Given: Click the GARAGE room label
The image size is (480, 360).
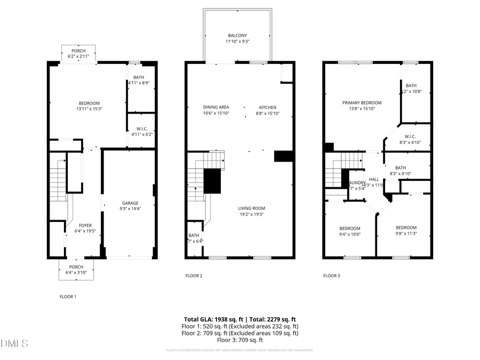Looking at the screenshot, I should pyautogui.click(x=130, y=203).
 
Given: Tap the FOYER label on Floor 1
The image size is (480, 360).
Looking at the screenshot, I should pyautogui.click(x=85, y=225).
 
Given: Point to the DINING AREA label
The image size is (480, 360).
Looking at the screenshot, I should pyautogui.click(x=216, y=107).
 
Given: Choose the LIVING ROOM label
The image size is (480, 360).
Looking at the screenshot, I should pyautogui.click(x=251, y=208).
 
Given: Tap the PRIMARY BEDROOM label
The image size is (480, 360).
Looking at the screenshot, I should pyautogui.click(x=362, y=102).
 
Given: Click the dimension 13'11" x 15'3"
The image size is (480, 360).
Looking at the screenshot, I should pyautogui.click(x=90, y=109).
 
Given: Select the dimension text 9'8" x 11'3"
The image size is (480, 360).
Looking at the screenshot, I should pyautogui.click(x=406, y=233).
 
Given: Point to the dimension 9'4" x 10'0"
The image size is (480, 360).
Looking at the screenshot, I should pyautogui.click(x=350, y=234).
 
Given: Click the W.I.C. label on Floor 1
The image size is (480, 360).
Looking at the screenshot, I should pyautogui.click(x=141, y=128).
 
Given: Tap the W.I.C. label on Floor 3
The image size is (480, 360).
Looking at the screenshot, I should pyautogui.click(x=410, y=136).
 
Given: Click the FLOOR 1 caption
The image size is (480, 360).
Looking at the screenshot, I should pyautogui.click(x=68, y=296).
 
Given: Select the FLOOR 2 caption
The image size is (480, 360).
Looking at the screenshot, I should pyautogui.click(x=194, y=276).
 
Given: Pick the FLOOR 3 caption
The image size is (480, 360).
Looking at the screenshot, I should pyautogui.click(x=331, y=276).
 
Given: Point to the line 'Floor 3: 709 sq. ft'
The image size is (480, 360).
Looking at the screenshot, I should pyautogui.click(x=239, y=340).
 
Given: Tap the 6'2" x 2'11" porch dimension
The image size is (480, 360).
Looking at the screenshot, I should pyautogui.click(x=78, y=57).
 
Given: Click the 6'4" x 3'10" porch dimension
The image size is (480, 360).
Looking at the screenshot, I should pyautogui.click(x=76, y=273).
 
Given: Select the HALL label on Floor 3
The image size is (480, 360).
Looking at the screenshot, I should pyautogui.click(x=374, y=179).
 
